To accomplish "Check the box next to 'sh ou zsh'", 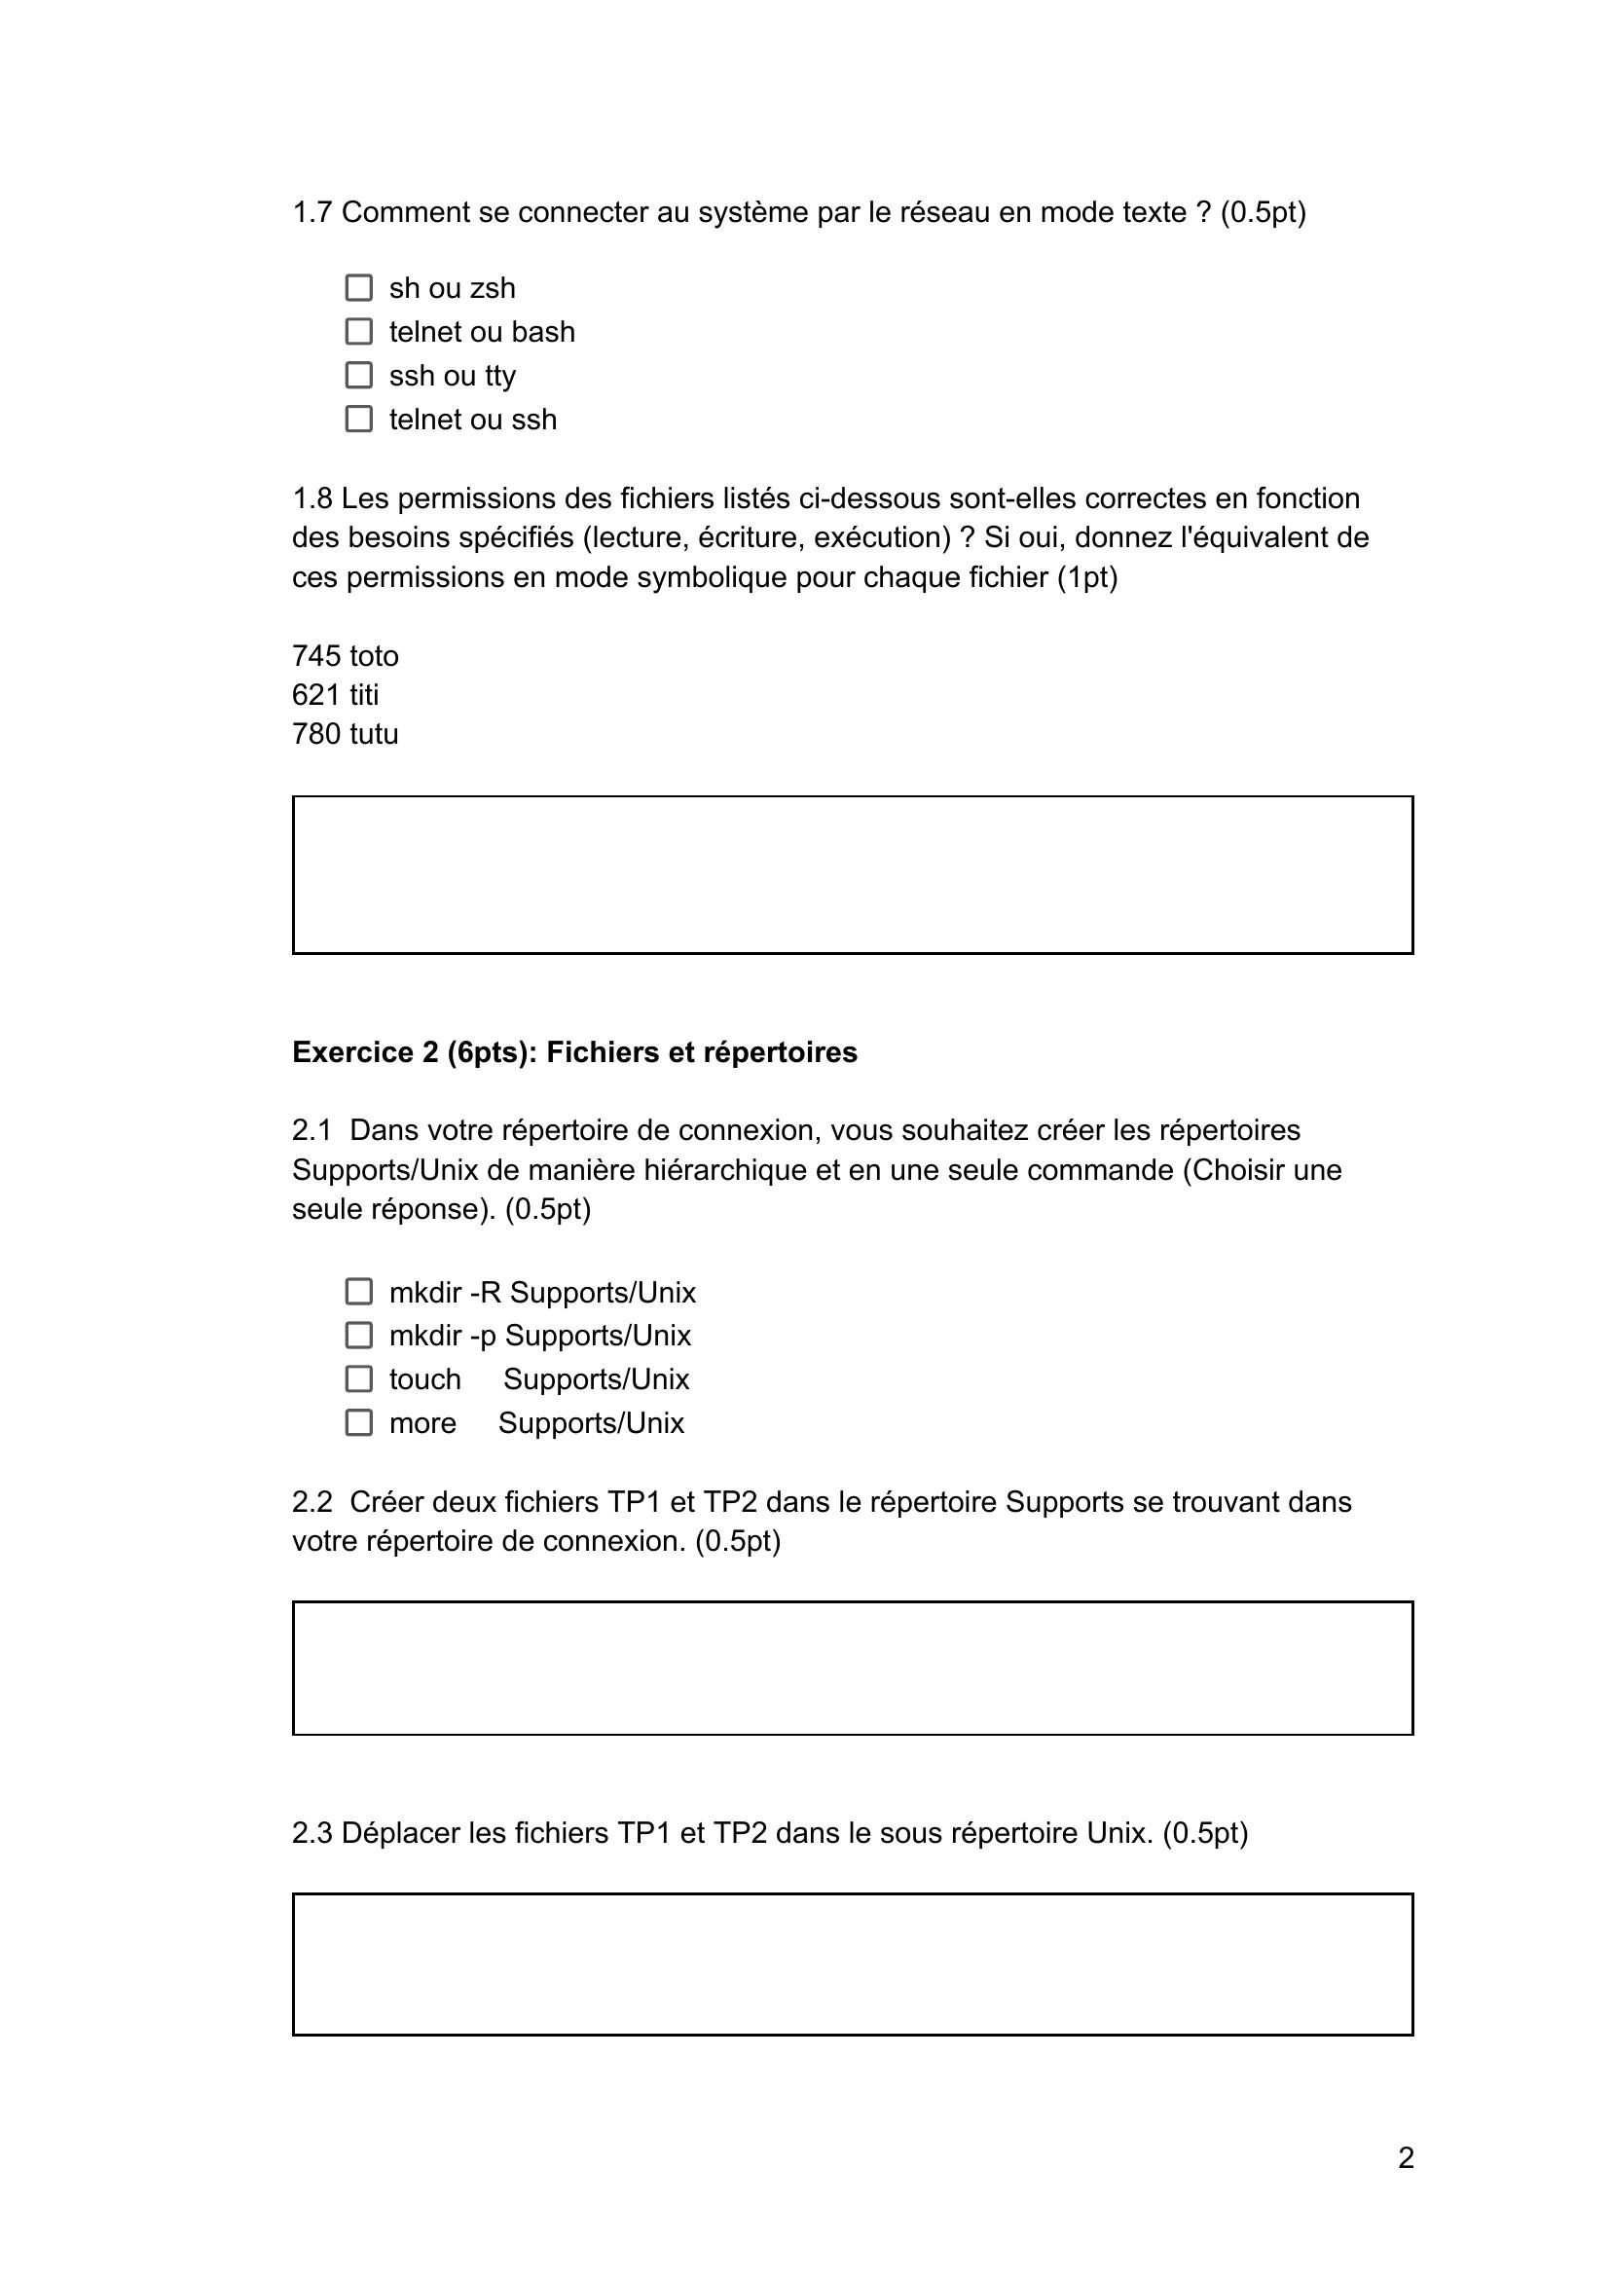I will (x=358, y=288).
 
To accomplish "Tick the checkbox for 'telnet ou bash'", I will (x=358, y=332).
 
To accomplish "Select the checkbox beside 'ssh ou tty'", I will (x=358, y=375).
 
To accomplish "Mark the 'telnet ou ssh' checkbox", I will (x=358, y=419).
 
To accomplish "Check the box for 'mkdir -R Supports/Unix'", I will (x=358, y=1292).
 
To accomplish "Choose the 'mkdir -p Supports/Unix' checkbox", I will (x=358, y=1335).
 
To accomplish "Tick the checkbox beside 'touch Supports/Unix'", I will (x=358, y=1378).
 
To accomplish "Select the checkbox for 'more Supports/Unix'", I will (x=358, y=1422).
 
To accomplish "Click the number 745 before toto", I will (x=315, y=656).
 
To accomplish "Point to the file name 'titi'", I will (x=364, y=695).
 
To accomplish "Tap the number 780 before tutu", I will (x=315, y=733).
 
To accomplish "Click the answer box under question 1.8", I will (x=852, y=874).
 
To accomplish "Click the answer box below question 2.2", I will (x=852, y=1668).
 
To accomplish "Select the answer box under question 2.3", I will (x=852, y=1965).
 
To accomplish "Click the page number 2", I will (x=1406, y=2158).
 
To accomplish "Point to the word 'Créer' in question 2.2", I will (x=390, y=1502).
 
